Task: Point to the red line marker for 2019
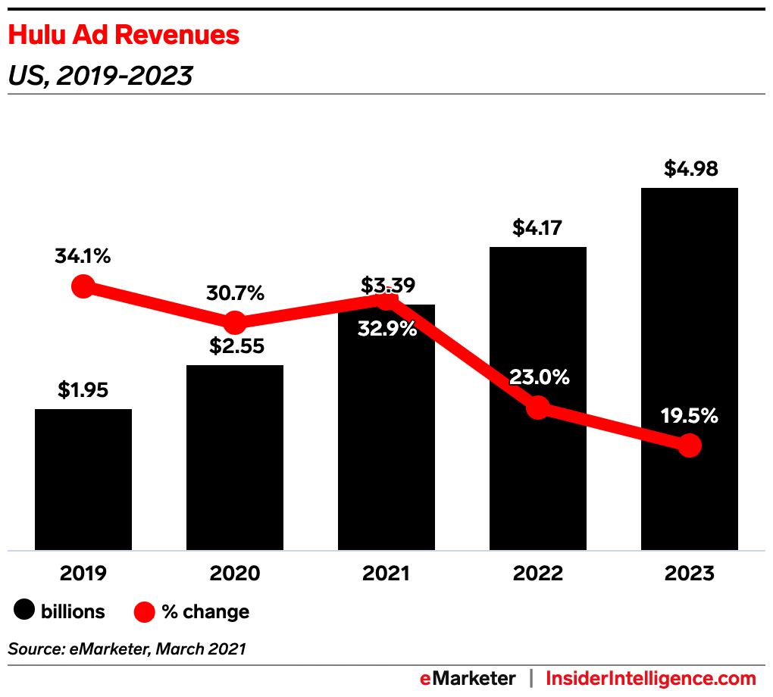click(x=83, y=286)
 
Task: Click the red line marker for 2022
click(x=537, y=408)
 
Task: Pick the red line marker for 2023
click(x=689, y=445)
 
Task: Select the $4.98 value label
click(x=690, y=168)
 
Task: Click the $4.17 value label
click(x=537, y=227)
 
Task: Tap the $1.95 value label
click(x=83, y=390)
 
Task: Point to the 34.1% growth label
click(x=83, y=256)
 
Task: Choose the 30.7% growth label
click(x=234, y=293)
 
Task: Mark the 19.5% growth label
click(x=689, y=416)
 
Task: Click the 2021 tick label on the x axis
click(x=386, y=573)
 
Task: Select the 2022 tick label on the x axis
click(x=537, y=573)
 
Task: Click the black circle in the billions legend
click(x=25, y=611)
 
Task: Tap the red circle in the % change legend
click(x=144, y=611)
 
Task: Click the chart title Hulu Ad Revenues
click(x=124, y=35)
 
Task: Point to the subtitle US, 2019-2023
click(x=99, y=76)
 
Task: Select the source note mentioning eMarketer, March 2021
click(x=127, y=649)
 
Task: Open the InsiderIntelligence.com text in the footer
click(x=651, y=678)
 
